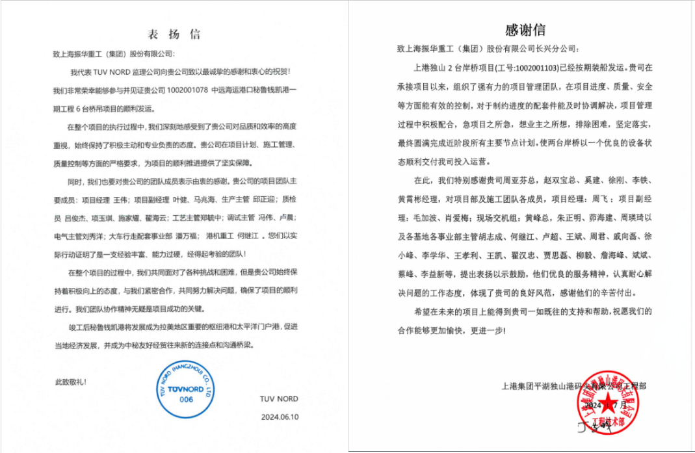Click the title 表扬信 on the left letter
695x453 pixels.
[x=174, y=34]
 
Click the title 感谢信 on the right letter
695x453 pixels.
[x=525, y=30]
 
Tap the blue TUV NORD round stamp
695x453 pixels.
[x=186, y=389]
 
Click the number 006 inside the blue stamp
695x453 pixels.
[x=186, y=400]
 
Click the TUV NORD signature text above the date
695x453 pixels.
[x=278, y=398]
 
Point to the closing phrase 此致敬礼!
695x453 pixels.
[x=70, y=382]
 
